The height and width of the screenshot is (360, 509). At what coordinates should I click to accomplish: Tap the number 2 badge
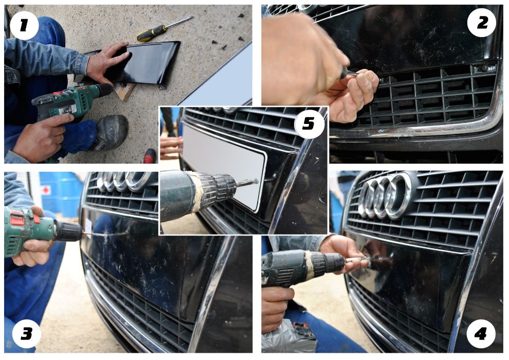[482, 23]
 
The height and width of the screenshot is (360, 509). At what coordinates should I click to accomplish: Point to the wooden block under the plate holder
[123, 91]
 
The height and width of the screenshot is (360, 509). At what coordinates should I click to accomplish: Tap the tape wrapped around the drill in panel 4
[310, 265]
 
